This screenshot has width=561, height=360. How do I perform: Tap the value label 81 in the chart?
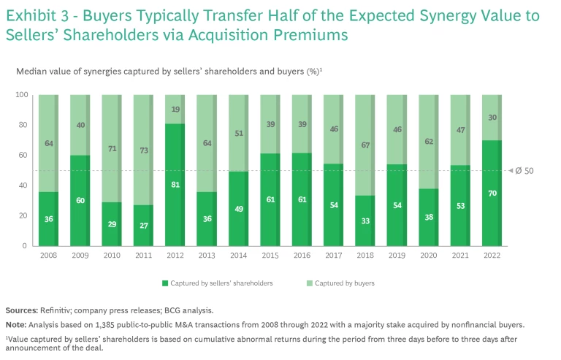click(175, 185)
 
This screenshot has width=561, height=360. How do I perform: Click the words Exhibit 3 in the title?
click(41, 15)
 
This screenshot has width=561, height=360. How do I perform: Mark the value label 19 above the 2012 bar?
click(175, 110)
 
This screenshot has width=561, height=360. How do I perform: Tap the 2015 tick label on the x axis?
click(270, 255)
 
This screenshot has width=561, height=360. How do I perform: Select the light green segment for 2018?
click(365, 145)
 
